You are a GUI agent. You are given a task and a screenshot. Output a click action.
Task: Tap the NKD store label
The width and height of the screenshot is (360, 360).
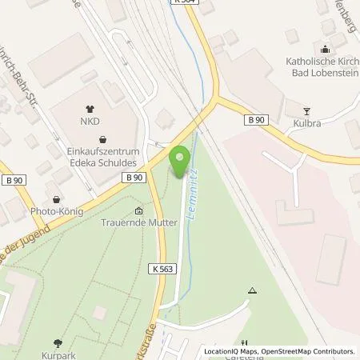(x=89, y=123)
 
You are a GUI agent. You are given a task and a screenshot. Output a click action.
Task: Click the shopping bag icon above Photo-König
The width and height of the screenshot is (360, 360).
(x=56, y=200)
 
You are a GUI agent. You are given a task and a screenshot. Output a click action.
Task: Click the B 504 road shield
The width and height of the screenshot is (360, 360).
(x=185, y=2)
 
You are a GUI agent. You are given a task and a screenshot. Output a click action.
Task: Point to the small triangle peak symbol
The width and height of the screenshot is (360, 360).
(x=253, y=291)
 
